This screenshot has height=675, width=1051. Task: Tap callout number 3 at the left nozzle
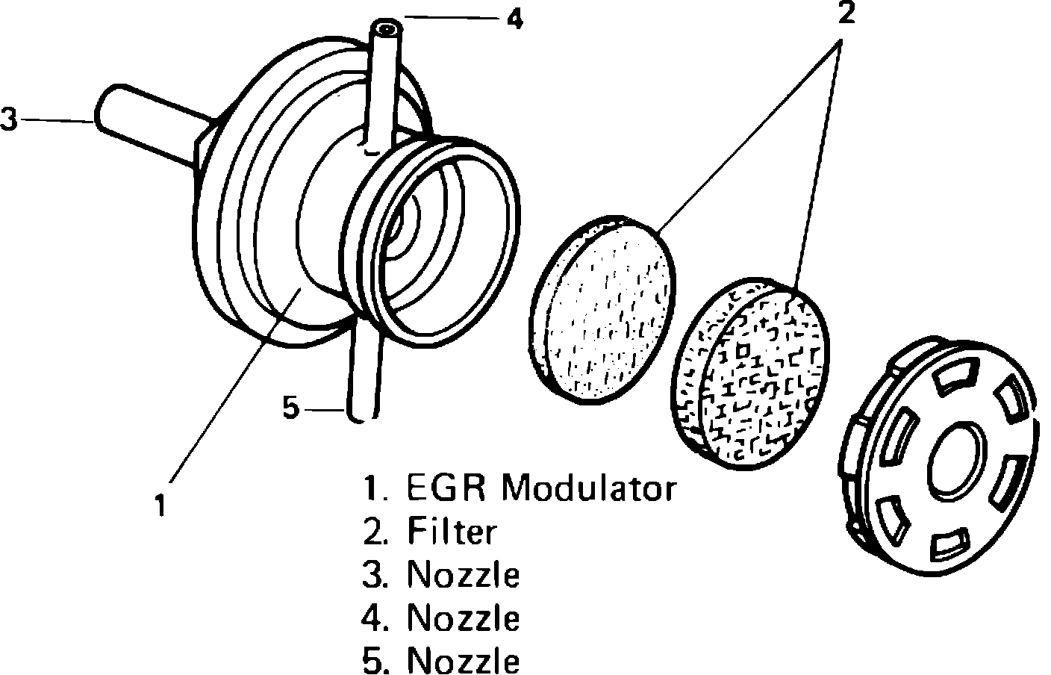[x=9, y=119]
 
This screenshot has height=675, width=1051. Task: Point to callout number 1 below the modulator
[x=159, y=506]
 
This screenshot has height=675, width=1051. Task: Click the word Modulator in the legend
[x=588, y=489]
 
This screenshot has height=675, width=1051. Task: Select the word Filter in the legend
[x=451, y=532]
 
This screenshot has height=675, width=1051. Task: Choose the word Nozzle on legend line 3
[x=463, y=576]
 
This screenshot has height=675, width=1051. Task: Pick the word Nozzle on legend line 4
[x=463, y=618]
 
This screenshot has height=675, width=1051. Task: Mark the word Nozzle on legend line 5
[x=463, y=661]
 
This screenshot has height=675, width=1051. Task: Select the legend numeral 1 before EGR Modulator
[x=372, y=489]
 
